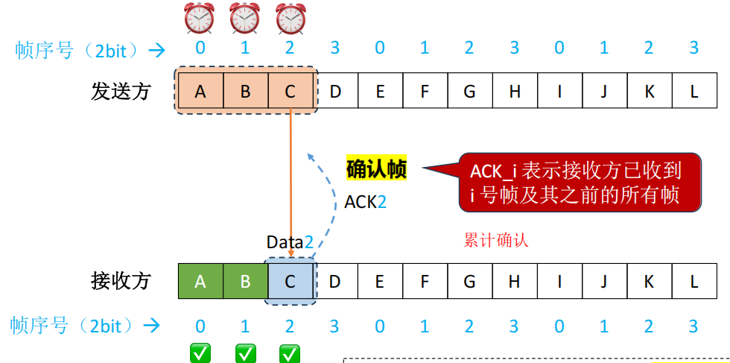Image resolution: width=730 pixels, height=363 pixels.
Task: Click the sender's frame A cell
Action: (200, 92)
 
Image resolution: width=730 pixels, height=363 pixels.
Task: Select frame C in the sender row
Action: (290, 92)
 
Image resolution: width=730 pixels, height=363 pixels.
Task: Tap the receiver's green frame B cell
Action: (245, 281)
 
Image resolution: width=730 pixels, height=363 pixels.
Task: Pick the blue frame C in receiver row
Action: (291, 281)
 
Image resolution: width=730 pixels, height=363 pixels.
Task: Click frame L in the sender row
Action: (693, 92)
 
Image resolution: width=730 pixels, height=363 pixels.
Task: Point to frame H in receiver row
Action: (515, 281)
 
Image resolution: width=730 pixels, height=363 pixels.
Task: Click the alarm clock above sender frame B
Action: (244, 18)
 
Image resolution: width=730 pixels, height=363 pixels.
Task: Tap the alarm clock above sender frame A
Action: (200, 18)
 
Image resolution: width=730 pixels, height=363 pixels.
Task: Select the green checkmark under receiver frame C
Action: (290, 353)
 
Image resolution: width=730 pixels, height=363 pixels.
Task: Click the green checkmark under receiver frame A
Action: (200, 353)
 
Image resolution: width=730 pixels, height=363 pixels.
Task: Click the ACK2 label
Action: (365, 201)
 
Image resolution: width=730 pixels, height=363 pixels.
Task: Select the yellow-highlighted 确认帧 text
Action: (376, 169)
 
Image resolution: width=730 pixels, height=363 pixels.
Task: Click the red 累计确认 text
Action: (495, 241)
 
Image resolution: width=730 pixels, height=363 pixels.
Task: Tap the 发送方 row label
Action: (121, 92)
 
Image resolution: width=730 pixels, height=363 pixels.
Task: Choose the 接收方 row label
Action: (121, 281)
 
